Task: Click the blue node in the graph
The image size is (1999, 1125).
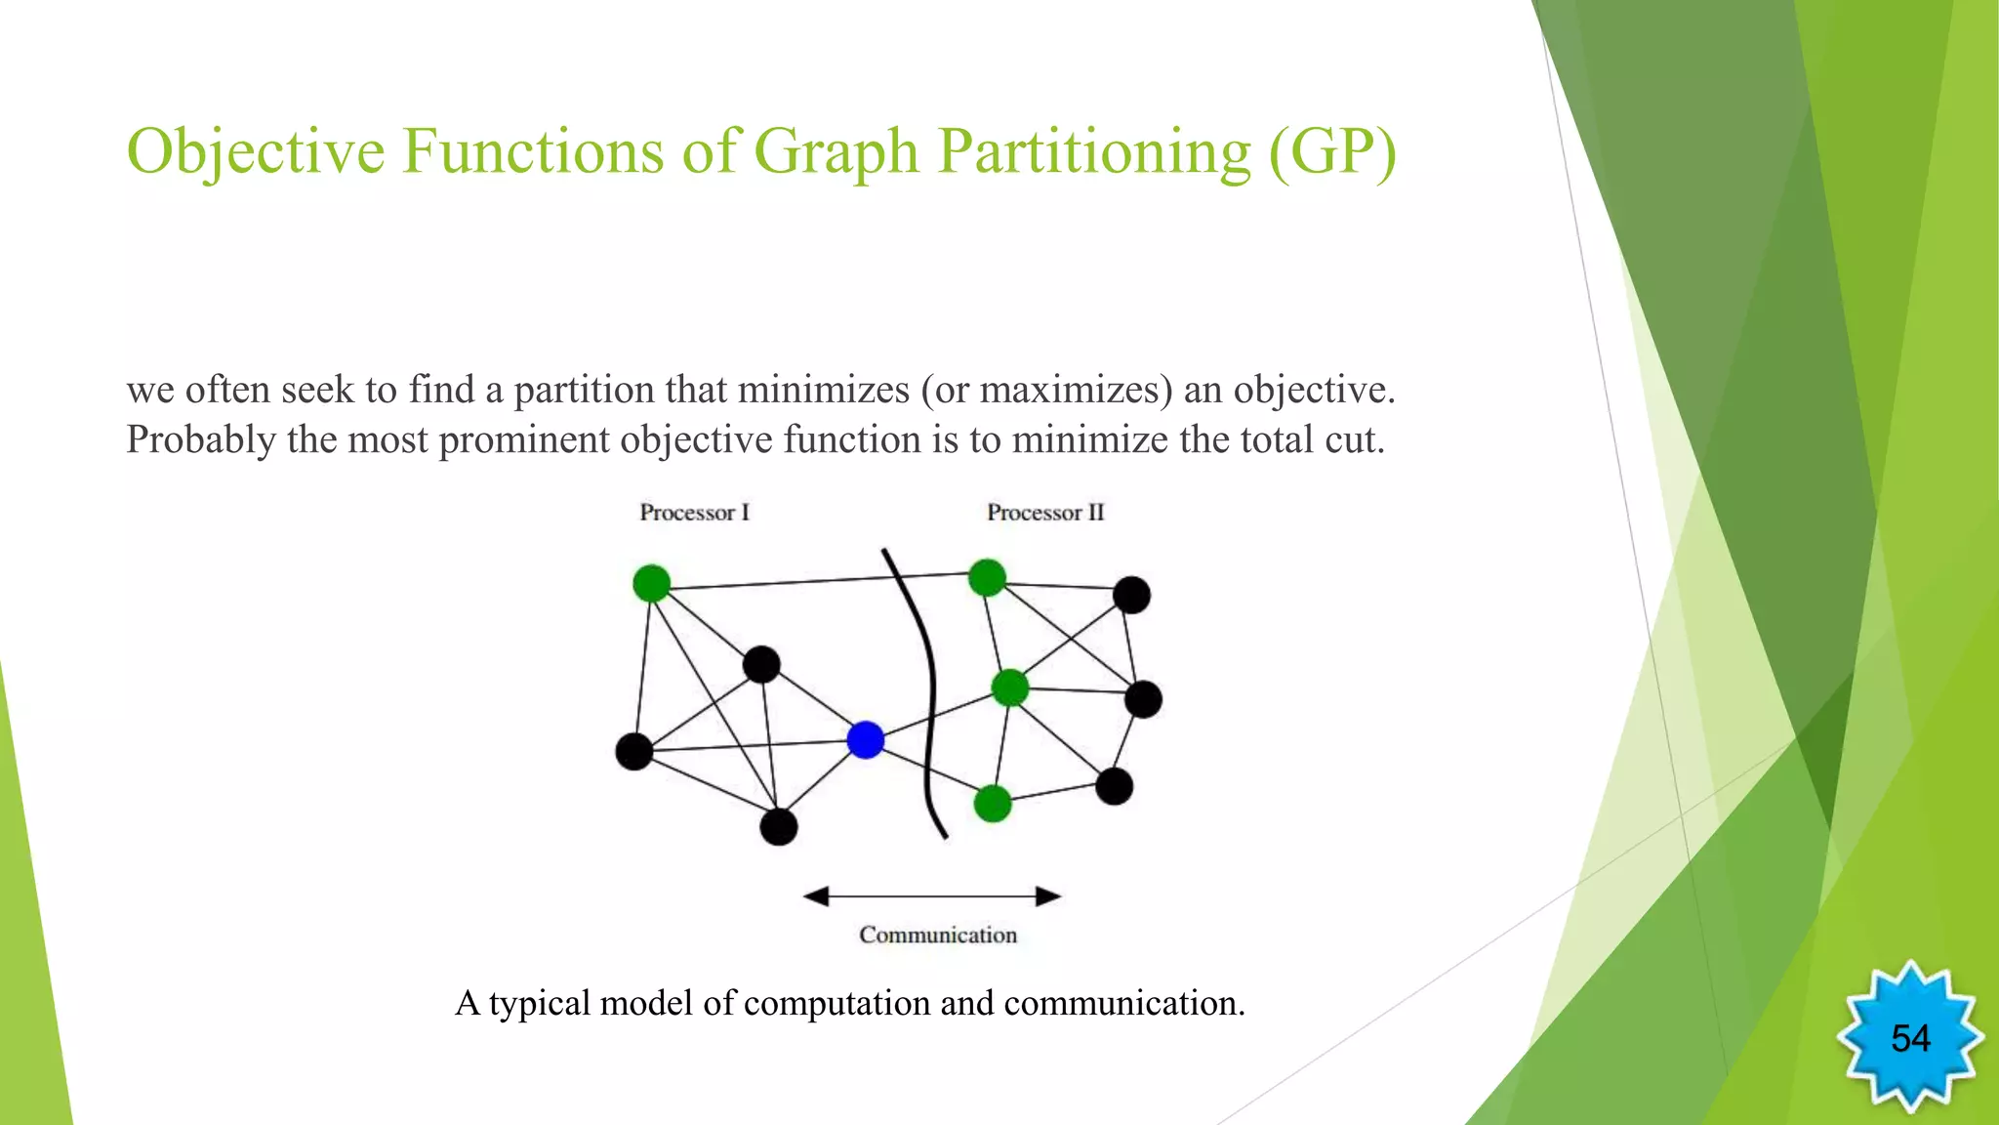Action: pyautogui.click(x=866, y=740)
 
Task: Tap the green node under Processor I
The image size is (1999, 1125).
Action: pyautogui.click(x=651, y=584)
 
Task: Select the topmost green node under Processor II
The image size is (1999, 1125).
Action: pyautogui.click(x=987, y=577)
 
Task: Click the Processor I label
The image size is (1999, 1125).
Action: pyautogui.click(x=694, y=513)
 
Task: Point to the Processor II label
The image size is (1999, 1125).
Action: pyautogui.click(x=1044, y=513)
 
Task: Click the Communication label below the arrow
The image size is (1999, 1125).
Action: pyautogui.click(x=937, y=935)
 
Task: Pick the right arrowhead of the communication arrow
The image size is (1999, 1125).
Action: pyautogui.click(x=1048, y=896)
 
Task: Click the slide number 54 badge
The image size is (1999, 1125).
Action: pyautogui.click(x=1909, y=1037)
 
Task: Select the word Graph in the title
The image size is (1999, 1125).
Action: pyautogui.click(x=836, y=151)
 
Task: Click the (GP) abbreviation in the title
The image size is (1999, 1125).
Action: pyautogui.click(x=1332, y=151)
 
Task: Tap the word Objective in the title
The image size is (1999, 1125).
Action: pyautogui.click(x=256, y=151)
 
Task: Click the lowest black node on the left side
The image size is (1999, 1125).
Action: pyautogui.click(x=778, y=827)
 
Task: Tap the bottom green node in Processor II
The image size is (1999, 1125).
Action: pyautogui.click(x=993, y=804)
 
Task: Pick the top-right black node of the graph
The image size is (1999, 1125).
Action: pyautogui.click(x=1131, y=595)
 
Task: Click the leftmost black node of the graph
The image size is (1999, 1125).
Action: pyautogui.click(x=634, y=751)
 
